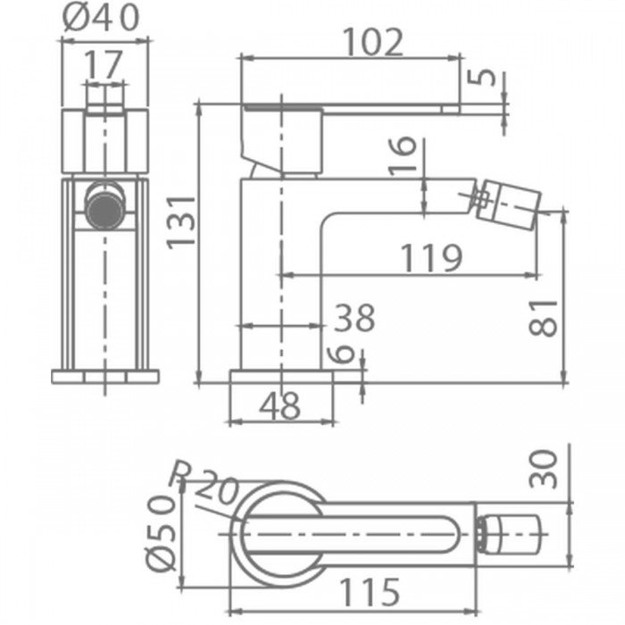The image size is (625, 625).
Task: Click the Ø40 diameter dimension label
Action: click(101, 18)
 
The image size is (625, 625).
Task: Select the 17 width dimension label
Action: click(103, 64)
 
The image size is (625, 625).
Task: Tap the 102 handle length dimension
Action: click(372, 42)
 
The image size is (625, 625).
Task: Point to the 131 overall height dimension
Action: click(181, 222)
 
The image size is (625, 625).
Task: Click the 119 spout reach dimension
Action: click(431, 258)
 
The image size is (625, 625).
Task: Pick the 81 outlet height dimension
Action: click(543, 318)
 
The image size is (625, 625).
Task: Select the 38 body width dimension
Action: click(354, 318)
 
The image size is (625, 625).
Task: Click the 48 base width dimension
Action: click(279, 405)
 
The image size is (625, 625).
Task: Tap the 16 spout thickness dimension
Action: click(402, 155)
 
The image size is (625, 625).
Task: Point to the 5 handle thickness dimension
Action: click(481, 77)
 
